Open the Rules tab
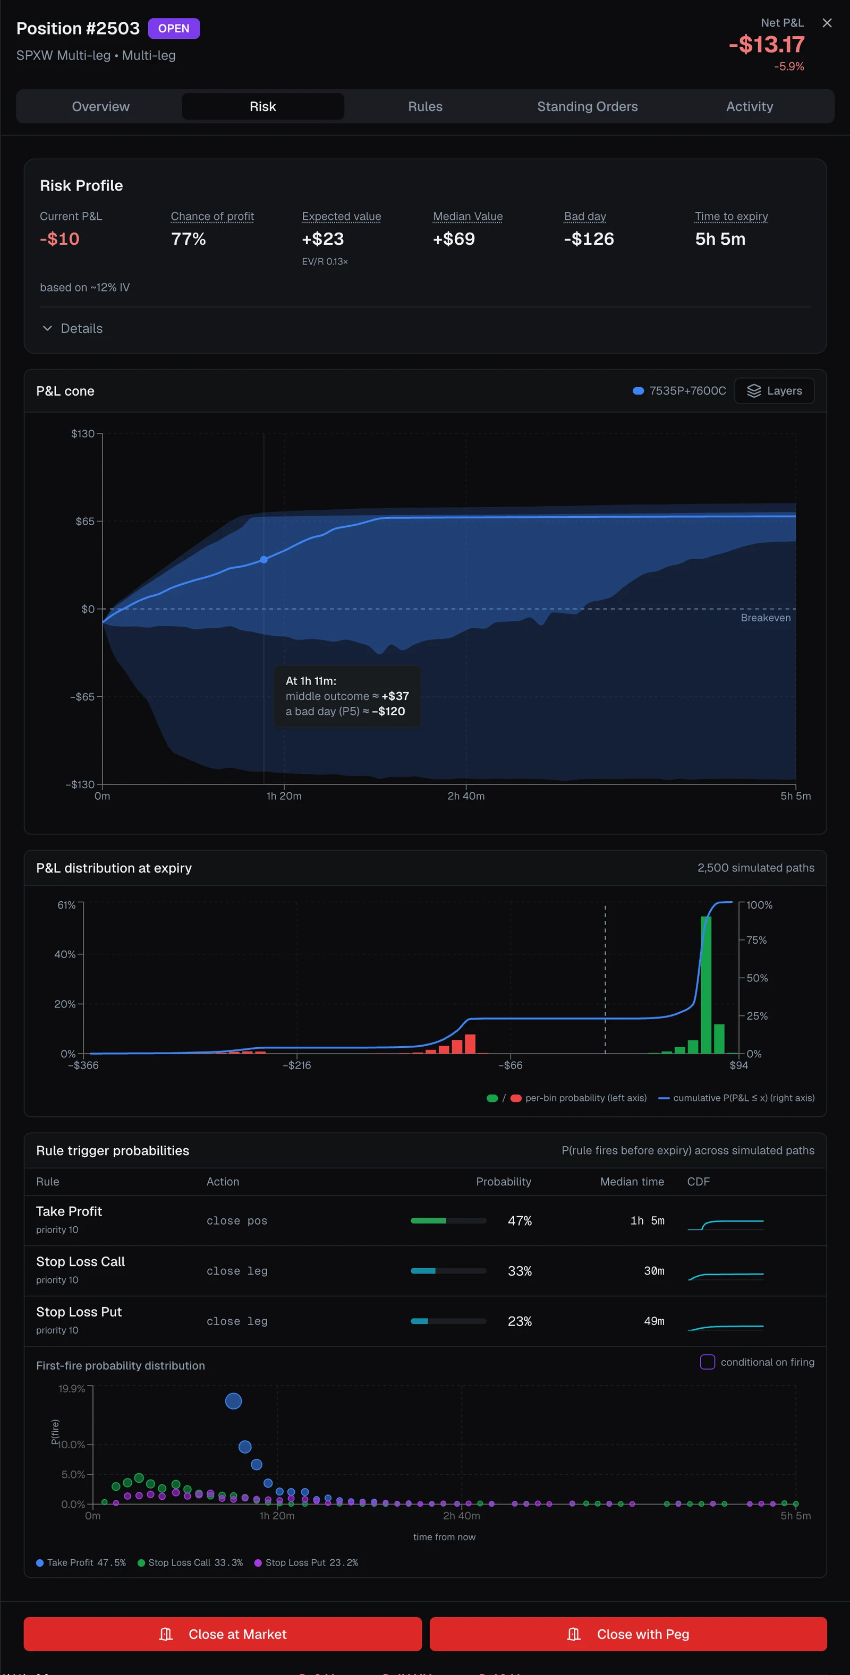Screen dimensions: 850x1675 (x=426, y=107)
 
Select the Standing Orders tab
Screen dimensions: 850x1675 (x=587, y=107)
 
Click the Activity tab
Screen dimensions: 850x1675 (x=749, y=107)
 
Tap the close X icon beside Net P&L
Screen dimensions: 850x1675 (x=827, y=23)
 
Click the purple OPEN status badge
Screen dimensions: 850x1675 (x=174, y=29)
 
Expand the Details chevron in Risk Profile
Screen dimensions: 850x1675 (x=47, y=328)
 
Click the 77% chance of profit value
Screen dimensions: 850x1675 (x=189, y=240)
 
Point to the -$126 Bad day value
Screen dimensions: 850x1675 (x=589, y=240)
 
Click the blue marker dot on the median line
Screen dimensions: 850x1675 (x=263, y=560)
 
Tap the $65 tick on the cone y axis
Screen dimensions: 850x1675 (x=84, y=522)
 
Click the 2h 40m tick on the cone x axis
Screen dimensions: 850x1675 (x=466, y=796)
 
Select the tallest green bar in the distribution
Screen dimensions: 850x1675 (x=705, y=985)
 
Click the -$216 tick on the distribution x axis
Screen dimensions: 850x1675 (x=296, y=1065)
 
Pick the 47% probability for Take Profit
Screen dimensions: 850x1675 (x=520, y=1221)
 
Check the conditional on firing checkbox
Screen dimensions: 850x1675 (x=707, y=1362)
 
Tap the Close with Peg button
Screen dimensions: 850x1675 (x=628, y=1634)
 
